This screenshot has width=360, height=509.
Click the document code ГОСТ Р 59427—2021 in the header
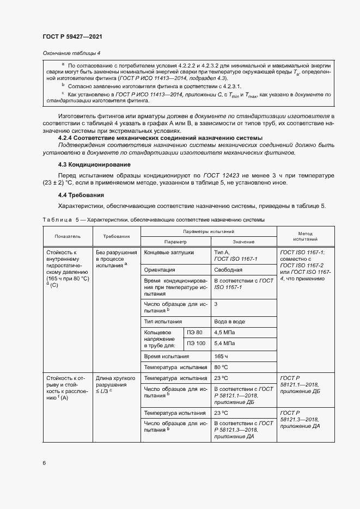point(72,36)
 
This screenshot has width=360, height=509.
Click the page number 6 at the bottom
point(44,463)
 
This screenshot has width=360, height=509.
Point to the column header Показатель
point(67,237)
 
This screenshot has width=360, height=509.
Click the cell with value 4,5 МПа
point(225,332)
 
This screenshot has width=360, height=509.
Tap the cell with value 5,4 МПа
point(225,344)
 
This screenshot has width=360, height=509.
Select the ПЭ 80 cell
point(194,332)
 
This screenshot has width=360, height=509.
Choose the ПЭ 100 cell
point(196,344)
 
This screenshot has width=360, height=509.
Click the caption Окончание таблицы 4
point(71,53)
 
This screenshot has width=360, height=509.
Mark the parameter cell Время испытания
point(167,356)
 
